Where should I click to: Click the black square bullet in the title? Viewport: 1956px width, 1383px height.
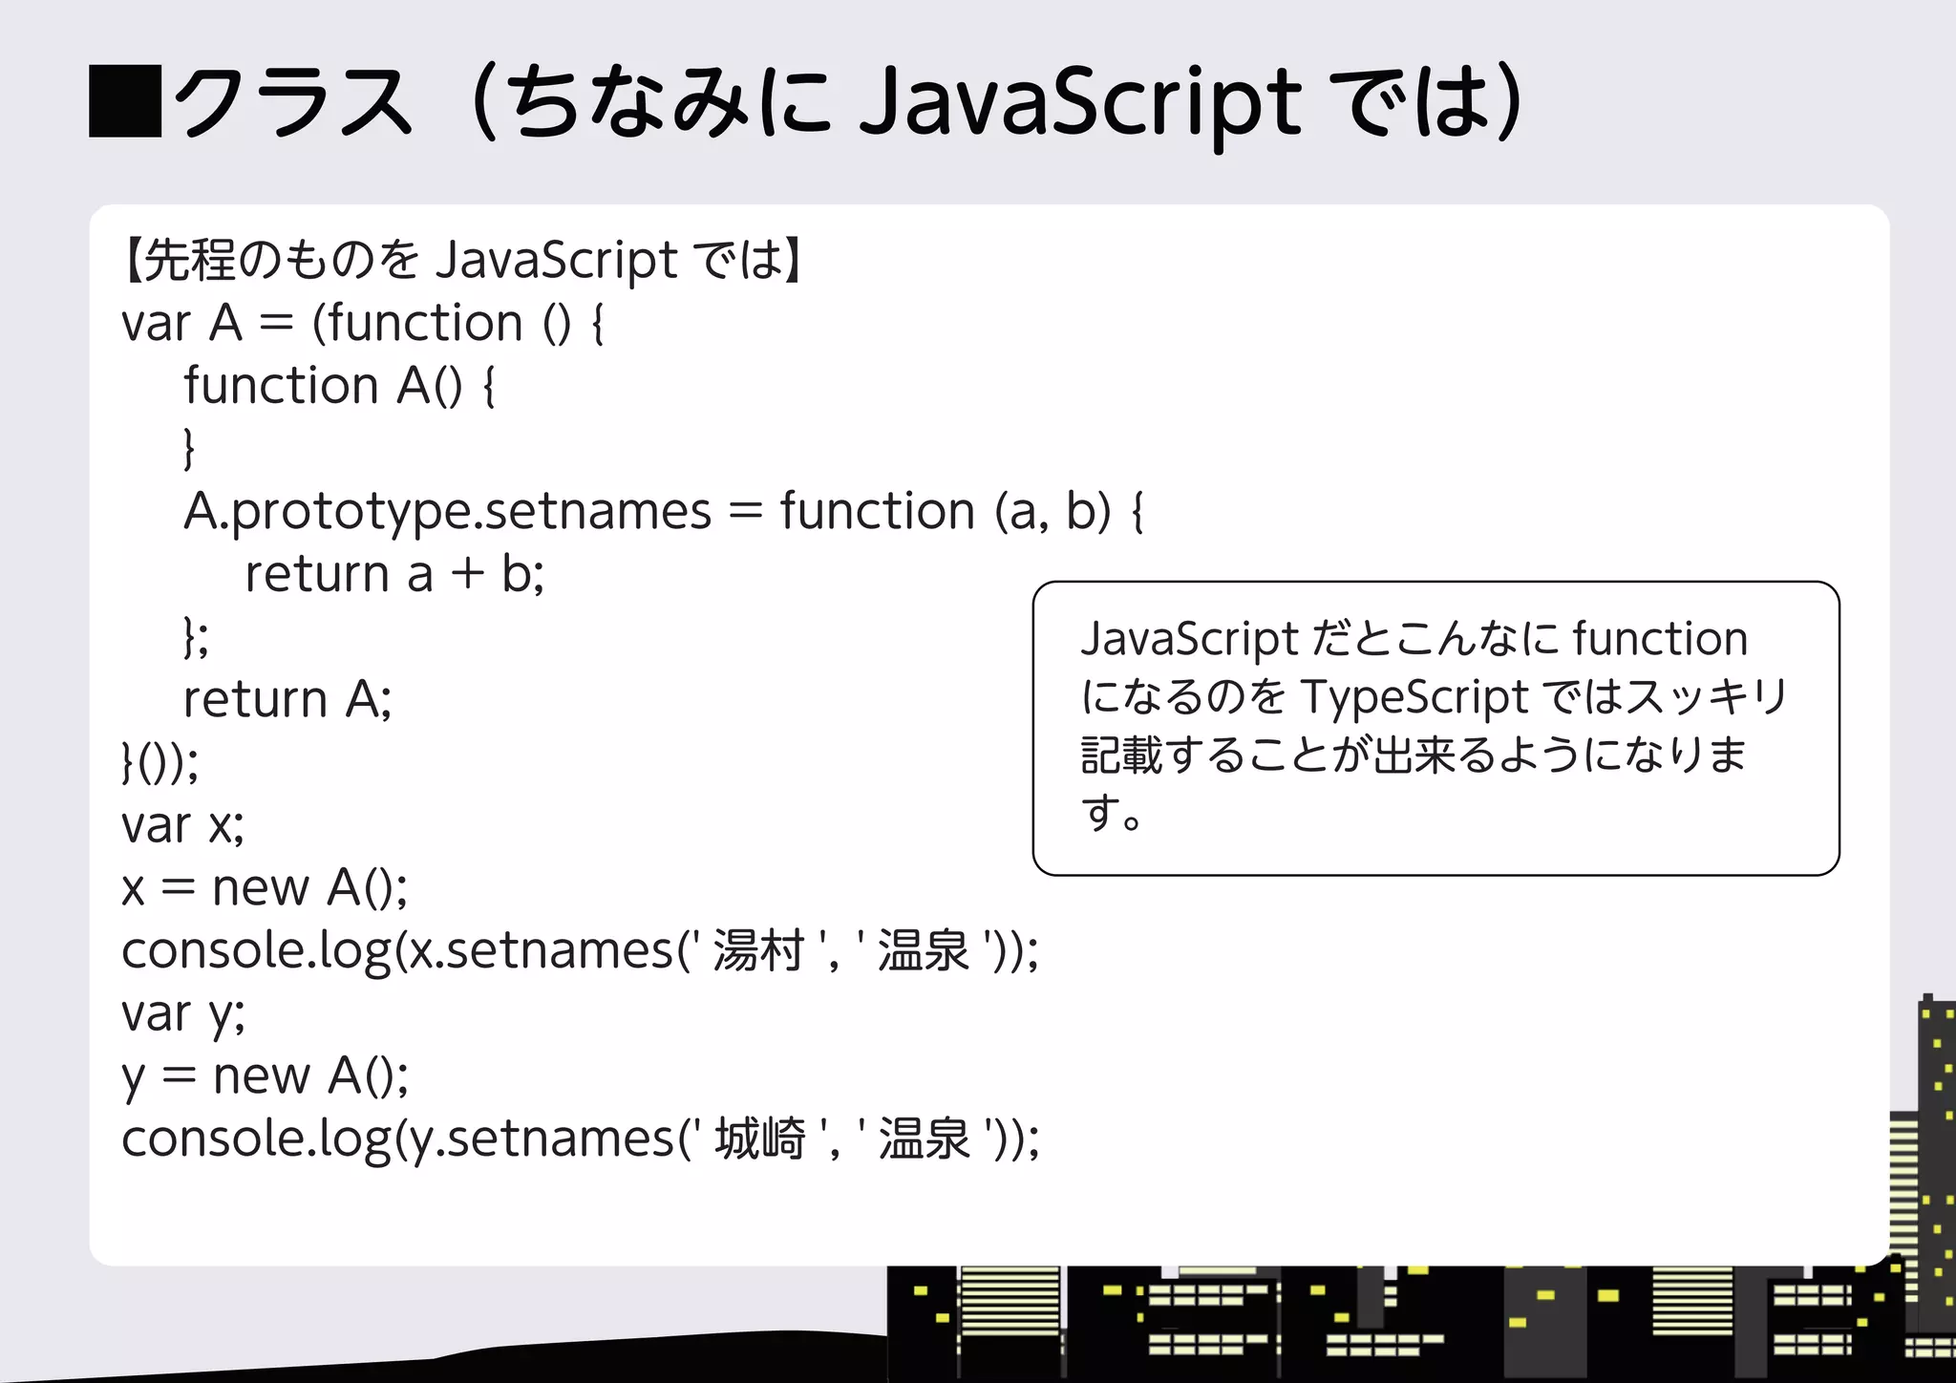[125, 101]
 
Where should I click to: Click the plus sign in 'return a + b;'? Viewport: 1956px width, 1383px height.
[468, 574]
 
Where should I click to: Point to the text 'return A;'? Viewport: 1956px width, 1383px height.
[287, 699]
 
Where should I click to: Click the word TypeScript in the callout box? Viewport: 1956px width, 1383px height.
[1414, 697]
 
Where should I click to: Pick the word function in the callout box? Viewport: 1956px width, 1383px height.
[1660, 638]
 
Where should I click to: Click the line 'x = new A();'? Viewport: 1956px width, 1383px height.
[265, 888]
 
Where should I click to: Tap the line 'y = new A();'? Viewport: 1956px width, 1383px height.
[266, 1076]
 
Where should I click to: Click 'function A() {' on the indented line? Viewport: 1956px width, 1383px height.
[339, 387]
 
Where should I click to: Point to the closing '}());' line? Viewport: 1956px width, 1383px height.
[160, 762]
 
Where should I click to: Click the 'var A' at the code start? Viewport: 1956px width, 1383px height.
[181, 324]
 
